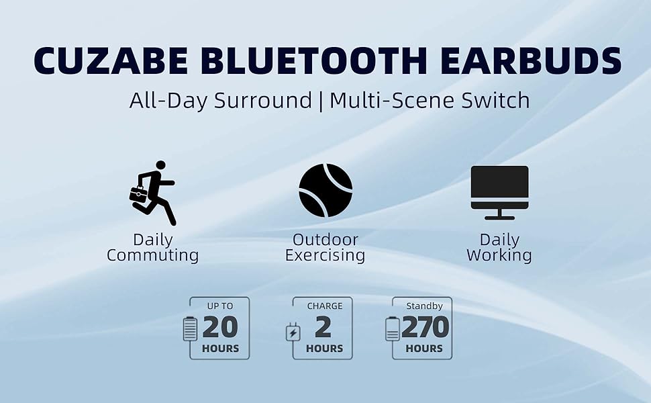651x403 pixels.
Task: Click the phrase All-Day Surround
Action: point(221,101)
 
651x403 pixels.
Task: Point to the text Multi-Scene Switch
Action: point(430,101)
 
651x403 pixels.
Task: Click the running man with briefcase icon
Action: point(153,192)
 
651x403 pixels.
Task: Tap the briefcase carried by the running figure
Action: point(138,195)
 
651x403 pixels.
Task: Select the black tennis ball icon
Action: point(325,190)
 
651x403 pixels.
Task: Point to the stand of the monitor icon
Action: point(499,215)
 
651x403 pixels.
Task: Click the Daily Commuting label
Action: point(152,247)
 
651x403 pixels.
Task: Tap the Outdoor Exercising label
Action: point(325,247)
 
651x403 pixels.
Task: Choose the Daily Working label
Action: point(499,247)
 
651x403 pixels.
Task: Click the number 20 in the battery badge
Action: point(219,327)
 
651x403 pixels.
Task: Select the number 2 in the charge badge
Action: point(323,327)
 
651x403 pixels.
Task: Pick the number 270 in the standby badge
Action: point(425,327)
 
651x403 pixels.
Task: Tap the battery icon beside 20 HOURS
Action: point(191,329)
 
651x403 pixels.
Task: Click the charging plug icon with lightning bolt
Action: point(293,332)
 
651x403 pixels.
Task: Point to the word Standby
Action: point(424,306)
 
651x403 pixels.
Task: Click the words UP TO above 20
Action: point(220,306)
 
